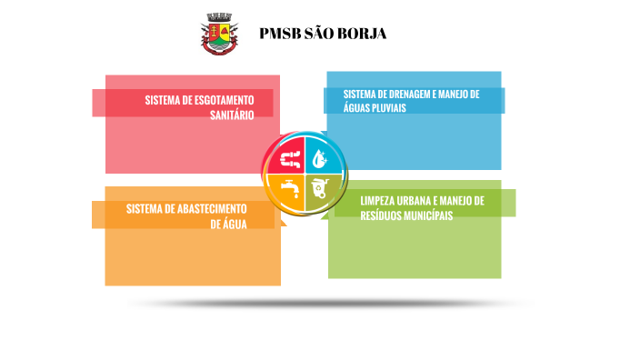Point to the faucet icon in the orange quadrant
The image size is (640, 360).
(x=290, y=190)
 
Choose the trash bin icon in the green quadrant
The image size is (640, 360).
(x=320, y=190)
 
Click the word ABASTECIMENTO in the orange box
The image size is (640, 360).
(x=212, y=208)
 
